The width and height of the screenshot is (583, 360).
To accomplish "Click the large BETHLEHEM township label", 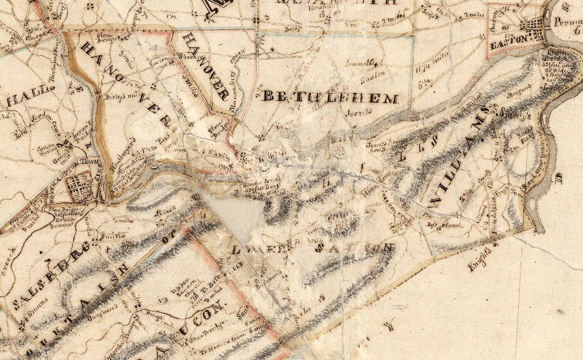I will (331, 97).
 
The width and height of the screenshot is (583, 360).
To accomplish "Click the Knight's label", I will (482, 259).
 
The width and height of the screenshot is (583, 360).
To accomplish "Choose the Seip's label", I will (431, 15).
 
